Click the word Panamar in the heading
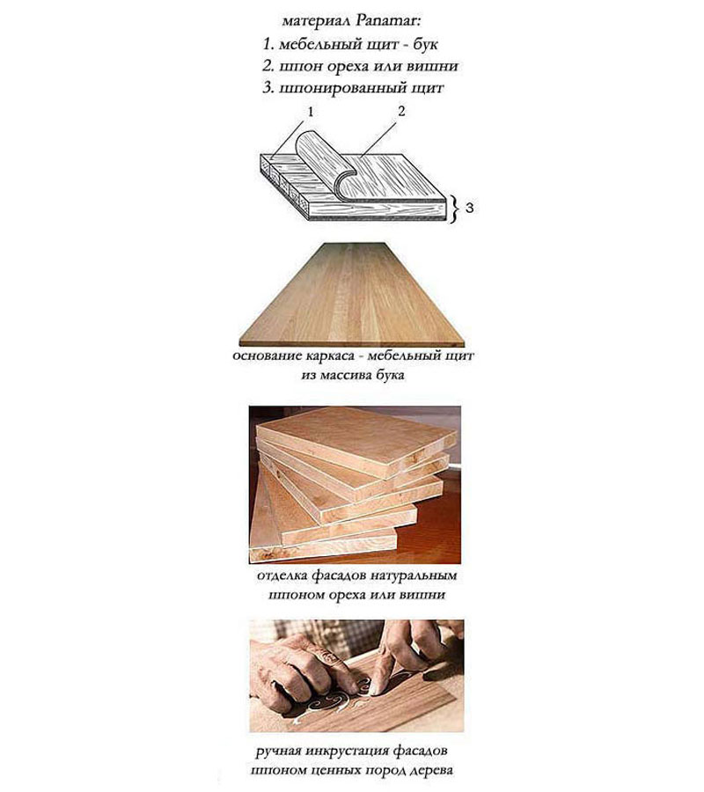pos(388,22)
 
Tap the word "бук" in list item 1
pos(425,44)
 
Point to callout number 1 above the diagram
pos(311,112)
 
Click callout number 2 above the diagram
pos(401,111)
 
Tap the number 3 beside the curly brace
pos(469,208)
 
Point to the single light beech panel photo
pos(351,295)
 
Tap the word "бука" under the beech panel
pos(390,376)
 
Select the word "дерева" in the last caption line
pos(431,771)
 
